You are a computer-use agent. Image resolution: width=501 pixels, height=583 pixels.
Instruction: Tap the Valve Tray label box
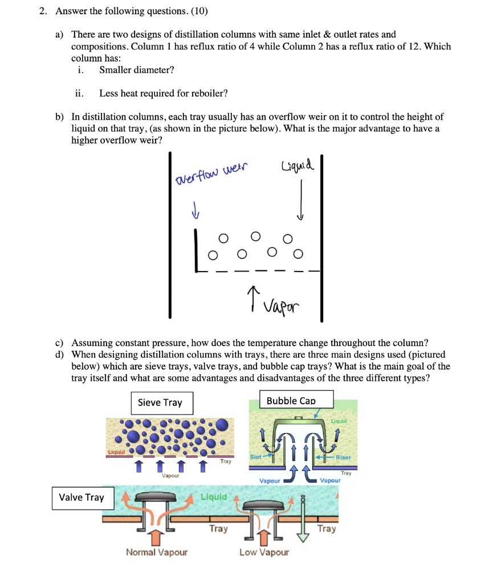point(82,497)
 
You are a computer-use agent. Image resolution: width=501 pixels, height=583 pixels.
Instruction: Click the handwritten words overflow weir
point(212,171)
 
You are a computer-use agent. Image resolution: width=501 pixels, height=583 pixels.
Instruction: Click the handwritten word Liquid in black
point(297,166)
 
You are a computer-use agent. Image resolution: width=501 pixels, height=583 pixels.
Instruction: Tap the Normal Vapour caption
point(157,552)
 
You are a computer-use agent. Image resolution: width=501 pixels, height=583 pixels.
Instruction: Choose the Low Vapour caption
point(264,552)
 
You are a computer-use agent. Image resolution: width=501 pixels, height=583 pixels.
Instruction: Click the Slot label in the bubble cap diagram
point(256,457)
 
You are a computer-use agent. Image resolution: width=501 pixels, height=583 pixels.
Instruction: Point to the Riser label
point(344,457)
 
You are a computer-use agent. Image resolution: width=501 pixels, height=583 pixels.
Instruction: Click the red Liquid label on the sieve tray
point(116,453)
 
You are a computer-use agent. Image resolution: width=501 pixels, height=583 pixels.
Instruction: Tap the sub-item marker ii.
point(79,93)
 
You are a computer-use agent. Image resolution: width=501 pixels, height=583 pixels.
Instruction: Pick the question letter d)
point(59,354)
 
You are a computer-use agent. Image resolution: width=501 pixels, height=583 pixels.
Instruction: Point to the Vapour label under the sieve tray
point(170,475)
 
